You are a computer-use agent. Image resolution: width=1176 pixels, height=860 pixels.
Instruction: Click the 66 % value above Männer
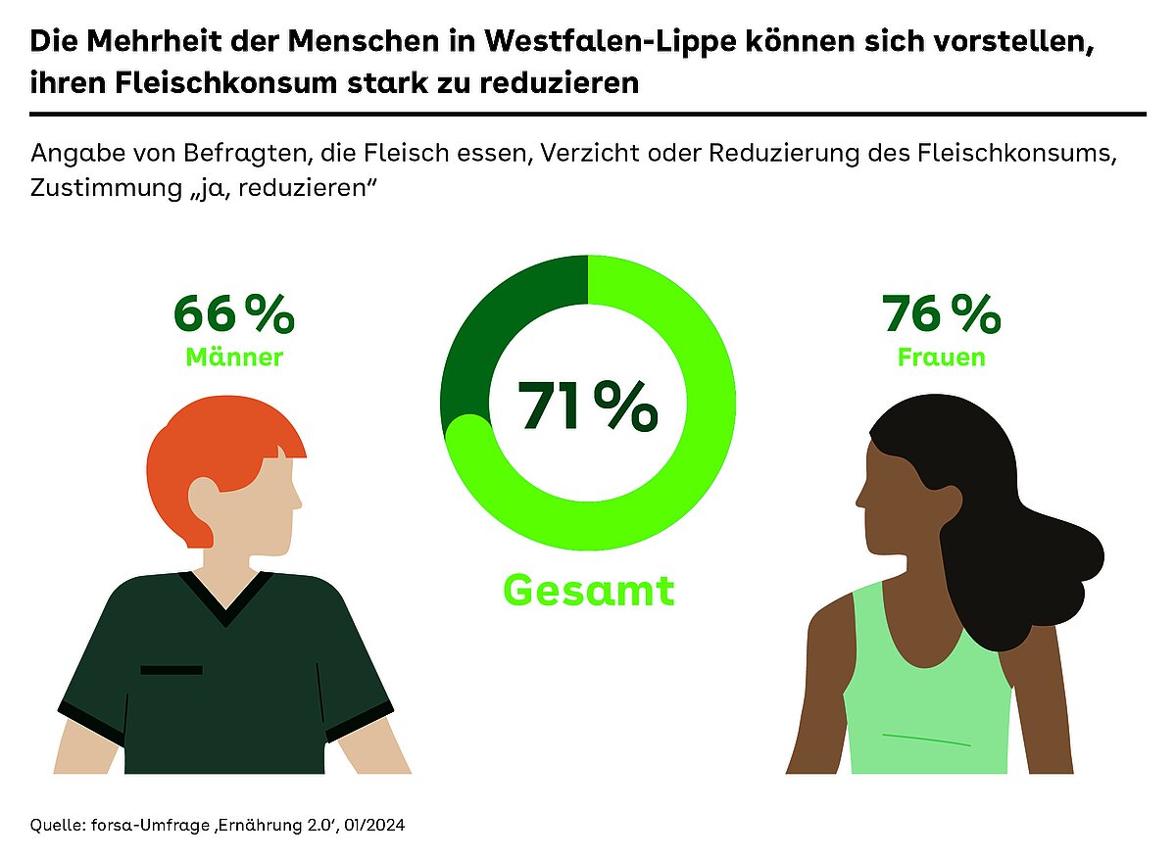coord(233,314)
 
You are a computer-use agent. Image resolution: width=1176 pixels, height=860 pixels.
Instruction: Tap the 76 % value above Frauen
coord(941,314)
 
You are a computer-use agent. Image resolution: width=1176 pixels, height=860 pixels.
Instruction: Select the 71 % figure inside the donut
coord(587,406)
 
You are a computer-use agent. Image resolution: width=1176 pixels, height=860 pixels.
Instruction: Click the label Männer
coord(234,358)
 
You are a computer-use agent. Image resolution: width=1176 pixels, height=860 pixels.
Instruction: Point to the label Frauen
coord(941,358)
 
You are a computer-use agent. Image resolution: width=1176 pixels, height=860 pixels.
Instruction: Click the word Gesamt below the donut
coord(589,591)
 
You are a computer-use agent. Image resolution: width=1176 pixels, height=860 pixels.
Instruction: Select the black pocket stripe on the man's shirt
coord(171,670)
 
